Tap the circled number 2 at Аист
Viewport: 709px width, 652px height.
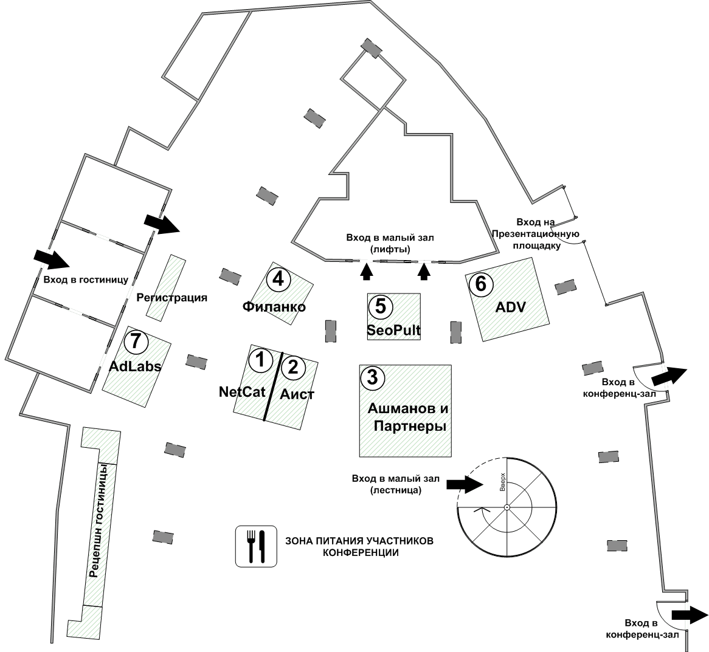[x=293, y=366]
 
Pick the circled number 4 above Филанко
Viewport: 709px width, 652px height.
[x=278, y=278]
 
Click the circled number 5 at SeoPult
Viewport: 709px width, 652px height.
[x=381, y=306]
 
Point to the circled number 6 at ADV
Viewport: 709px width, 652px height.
[x=480, y=283]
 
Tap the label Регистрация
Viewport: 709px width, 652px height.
[x=172, y=298]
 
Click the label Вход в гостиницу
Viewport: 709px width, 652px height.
[x=86, y=280]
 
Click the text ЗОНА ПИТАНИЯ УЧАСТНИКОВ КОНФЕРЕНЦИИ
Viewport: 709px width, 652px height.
[x=359, y=547]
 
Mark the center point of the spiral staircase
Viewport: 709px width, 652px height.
[x=507, y=507]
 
